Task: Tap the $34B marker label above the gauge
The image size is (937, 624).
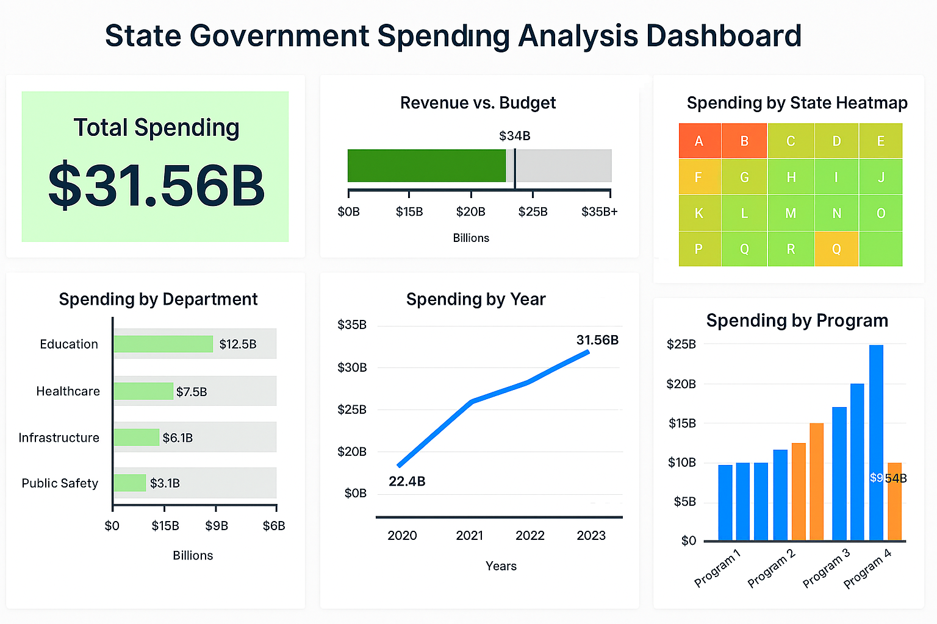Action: coord(514,136)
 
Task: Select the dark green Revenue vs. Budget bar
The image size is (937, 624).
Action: coord(426,166)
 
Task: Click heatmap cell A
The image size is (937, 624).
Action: coord(700,141)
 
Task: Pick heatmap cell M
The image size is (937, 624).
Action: coord(791,213)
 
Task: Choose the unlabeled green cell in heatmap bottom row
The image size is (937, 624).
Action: coord(880,249)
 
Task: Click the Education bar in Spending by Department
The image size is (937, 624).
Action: coord(163,344)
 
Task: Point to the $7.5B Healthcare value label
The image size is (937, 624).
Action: coord(192,392)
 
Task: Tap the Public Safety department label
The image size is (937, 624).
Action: coord(60,483)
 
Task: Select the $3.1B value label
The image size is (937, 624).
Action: coord(165,483)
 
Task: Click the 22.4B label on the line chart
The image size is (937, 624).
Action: coord(407,481)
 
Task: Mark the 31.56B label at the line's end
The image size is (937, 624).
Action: coord(597,340)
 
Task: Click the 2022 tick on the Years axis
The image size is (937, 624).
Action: coord(530,536)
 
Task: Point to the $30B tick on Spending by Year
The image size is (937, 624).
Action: coord(352,367)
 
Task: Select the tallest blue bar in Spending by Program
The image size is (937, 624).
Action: coord(876,442)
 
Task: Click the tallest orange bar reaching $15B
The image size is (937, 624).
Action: coord(816,481)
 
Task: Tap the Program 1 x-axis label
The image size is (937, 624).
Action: coord(717,567)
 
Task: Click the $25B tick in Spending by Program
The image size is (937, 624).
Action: coord(681,344)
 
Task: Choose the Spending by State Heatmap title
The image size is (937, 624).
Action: coord(797,103)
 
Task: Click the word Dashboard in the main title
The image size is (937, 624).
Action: coord(723,36)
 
